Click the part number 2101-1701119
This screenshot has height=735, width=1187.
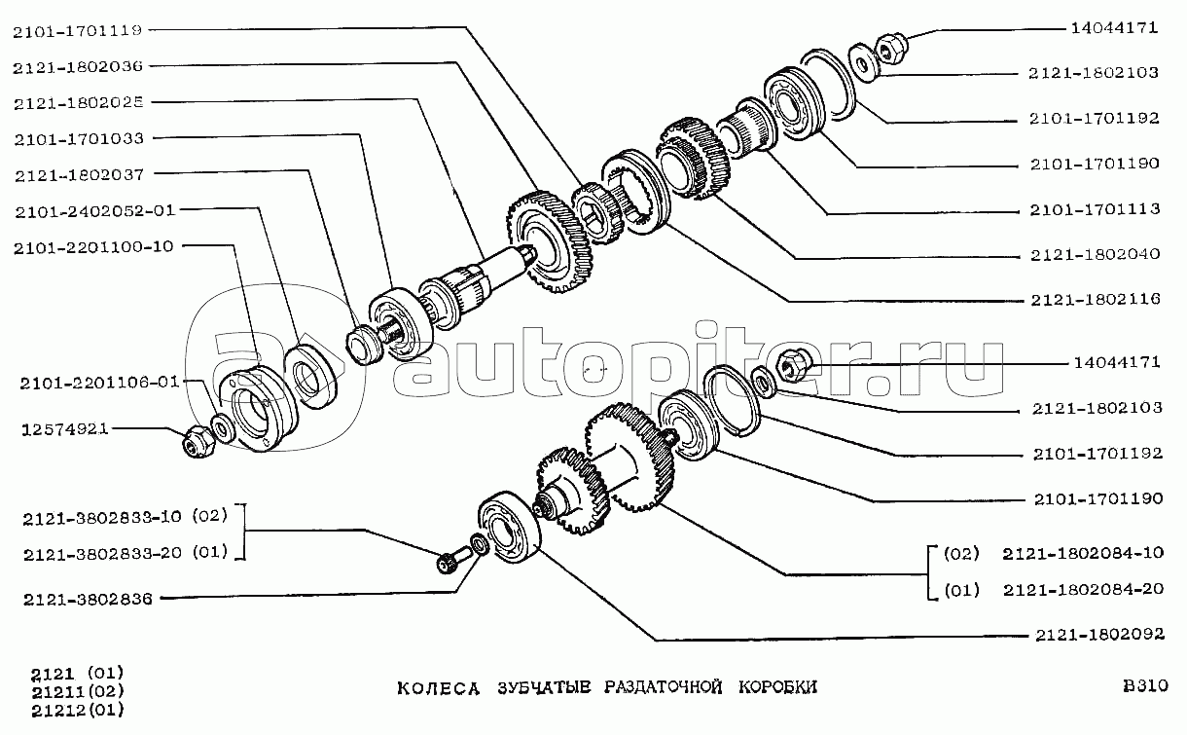click(x=78, y=31)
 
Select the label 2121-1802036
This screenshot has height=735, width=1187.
click(x=78, y=67)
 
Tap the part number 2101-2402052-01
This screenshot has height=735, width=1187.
click(x=94, y=211)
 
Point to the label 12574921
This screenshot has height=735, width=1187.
click(x=64, y=428)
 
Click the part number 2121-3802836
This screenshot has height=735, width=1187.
click(x=88, y=600)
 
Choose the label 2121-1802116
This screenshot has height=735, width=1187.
click(x=1096, y=300)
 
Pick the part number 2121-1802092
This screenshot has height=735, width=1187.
click(x=1100, y=635)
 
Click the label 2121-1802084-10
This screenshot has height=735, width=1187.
click(x=1083, y=554)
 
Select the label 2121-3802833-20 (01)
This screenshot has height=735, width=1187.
click(x=126, y=553)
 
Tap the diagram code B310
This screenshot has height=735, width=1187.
click(x=1145, y=685)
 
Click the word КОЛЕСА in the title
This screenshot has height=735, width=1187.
click(x=438, y=688)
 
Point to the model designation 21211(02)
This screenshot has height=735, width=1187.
click(x=78, y=691)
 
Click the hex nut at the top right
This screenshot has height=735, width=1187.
click(x=892, y=48)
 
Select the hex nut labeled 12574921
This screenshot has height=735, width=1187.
click(x=198, y=442)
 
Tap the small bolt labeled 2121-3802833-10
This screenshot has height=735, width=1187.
click(x=450, y=560)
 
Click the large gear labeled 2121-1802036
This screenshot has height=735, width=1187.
click(x=549, y=241)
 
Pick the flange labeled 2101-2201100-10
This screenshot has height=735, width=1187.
click(x=259, y=408)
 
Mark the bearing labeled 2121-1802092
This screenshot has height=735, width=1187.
click(x=510, y=528)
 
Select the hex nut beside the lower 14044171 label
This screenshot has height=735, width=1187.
click(x=793, y=365)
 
